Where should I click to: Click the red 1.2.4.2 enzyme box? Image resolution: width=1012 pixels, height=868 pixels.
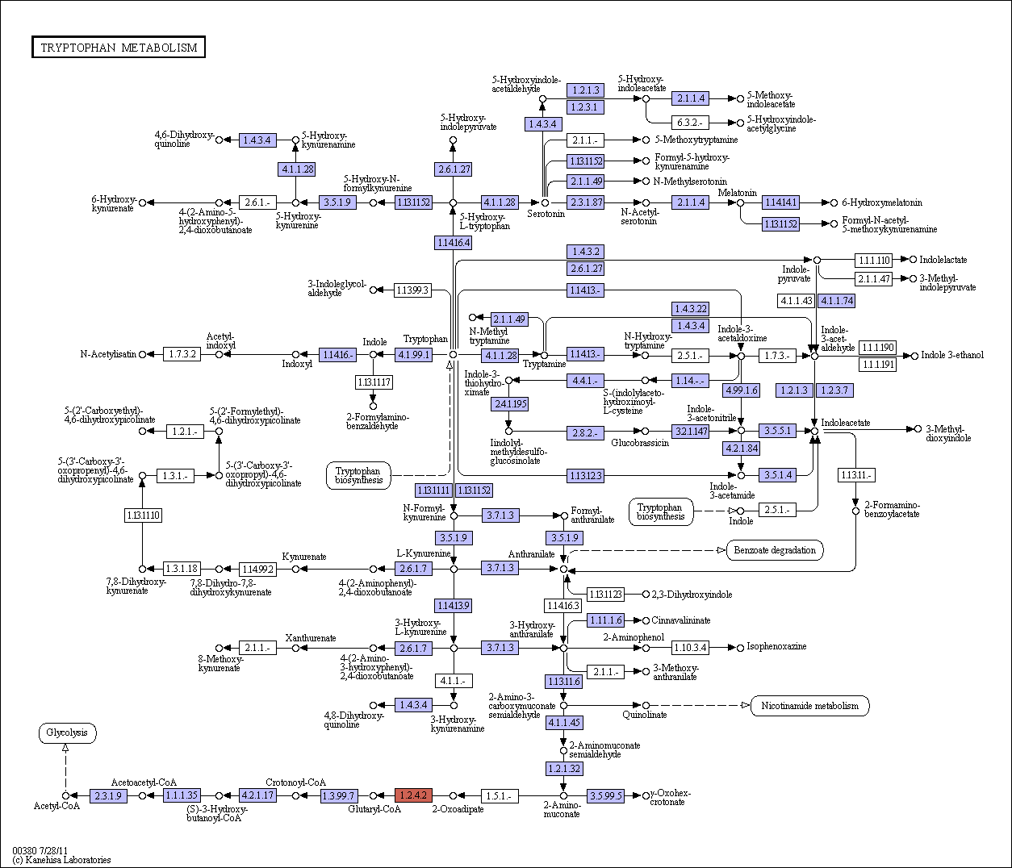tap(413, 795)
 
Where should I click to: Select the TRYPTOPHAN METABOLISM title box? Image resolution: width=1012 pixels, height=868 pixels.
tap(119, 47)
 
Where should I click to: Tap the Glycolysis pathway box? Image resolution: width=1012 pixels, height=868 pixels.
tap(67, 733)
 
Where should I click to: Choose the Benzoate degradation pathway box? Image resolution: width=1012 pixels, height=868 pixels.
tap(775, 550)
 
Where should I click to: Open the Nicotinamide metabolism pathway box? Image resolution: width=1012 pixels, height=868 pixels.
tap(809, 706)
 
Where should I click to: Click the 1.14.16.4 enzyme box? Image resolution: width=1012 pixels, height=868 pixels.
tap(453, 243)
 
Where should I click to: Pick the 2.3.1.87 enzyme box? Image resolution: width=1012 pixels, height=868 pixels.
tap(585, 202)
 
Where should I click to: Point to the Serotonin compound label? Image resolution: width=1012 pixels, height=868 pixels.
tap(546, 214)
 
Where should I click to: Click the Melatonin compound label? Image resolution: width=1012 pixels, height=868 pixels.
tap(738, 192)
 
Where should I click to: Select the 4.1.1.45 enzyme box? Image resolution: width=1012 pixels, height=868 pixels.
tap(564, 723)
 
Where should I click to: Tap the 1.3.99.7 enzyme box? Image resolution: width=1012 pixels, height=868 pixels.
tap(339, 795)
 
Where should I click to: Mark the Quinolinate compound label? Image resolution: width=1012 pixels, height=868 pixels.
tap(644, 715)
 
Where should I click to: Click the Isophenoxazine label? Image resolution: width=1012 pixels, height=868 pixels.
tap(776, 646)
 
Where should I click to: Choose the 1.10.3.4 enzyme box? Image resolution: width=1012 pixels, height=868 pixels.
tap(690, 647)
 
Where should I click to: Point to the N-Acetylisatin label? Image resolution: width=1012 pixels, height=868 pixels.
tap(108, 354)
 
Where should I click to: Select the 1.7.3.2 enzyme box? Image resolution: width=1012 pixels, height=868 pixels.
tap(182, 354)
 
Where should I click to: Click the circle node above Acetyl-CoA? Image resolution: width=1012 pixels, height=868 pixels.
tap(65, 795)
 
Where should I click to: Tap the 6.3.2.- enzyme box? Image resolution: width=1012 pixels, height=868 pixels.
tap(690, 123)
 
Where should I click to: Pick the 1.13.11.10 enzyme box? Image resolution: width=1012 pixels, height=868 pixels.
tap(143, 515)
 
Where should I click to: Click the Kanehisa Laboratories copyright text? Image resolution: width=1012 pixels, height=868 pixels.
tap(61, 860)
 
